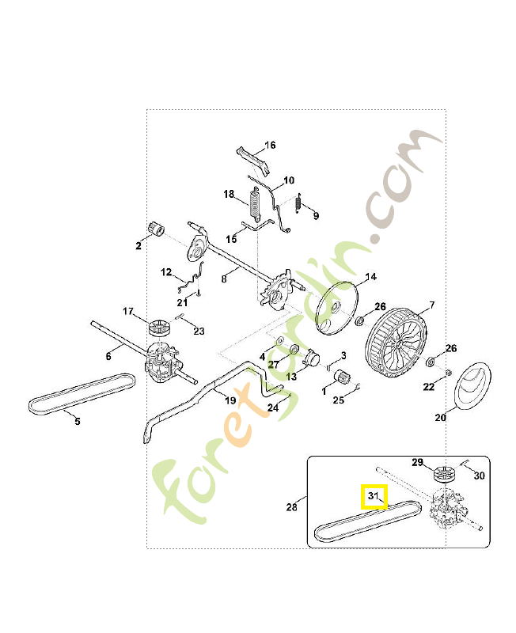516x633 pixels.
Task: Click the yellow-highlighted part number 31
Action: pos(373,495)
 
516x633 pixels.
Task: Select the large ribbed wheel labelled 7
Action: pos(396,344)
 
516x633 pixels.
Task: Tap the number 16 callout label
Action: pos(270,145)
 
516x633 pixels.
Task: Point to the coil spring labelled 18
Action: pos(255,204)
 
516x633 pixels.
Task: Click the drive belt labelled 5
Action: pos(81,393)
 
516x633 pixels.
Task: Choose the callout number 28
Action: pos(291,506)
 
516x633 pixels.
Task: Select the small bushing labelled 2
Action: pos(157,229)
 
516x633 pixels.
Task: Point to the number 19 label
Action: pos(230,400)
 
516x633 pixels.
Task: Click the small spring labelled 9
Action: pos(299,203)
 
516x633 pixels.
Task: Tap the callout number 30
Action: pos(480,476)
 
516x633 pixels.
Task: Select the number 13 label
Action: pos(291,377)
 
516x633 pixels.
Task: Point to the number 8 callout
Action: pos(224,279)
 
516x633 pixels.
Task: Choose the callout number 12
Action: pos(166,272)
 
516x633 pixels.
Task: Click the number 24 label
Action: pos(273,407)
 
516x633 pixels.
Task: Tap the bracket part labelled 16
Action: pos(253,161)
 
